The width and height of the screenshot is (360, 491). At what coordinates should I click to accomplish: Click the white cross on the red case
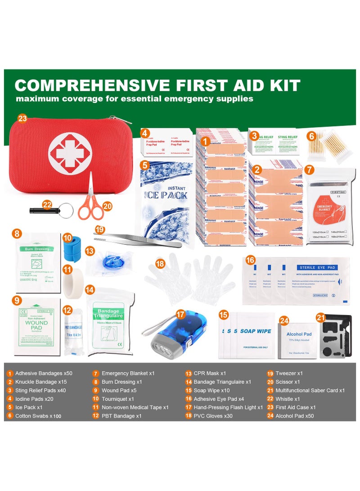pyautogui.click(x=70, y=153)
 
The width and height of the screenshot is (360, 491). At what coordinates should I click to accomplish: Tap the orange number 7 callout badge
pyautogui.click(x=309, y=170)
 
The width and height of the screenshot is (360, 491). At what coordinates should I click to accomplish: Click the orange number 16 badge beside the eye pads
pyautogui.click(x=251, y=260)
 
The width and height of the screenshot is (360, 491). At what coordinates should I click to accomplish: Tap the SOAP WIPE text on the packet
pyautogui.click(x=256, y=331)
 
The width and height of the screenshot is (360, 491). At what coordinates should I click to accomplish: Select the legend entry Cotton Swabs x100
pyautogui.click(x=38, y=416)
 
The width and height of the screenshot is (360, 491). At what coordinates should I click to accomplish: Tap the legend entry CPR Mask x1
pyautogui.click(x=210, y=373)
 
